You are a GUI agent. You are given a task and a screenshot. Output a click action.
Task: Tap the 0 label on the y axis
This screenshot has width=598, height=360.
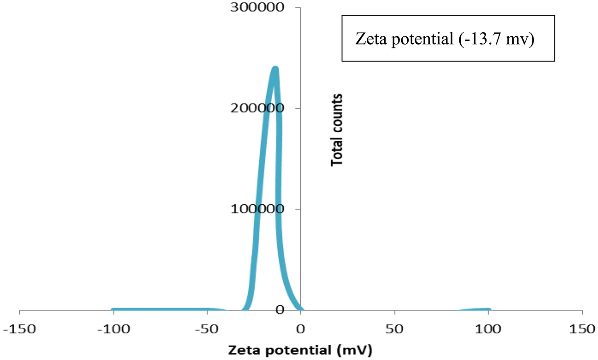(x=292, y=309)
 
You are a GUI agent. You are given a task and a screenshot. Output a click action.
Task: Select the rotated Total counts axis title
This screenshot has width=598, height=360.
(x=338, y=130)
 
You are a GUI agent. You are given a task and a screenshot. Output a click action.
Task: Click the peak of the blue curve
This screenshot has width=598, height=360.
(x=275, y=69)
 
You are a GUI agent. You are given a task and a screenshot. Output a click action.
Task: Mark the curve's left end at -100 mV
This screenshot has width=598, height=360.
(x=113, y=310)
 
